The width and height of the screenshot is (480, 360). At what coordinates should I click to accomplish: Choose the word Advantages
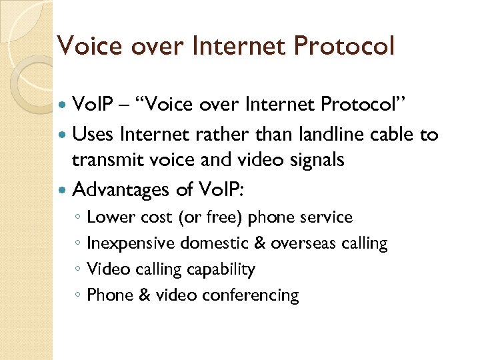(121, 191)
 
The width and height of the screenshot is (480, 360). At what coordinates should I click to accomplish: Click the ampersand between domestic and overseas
(258, 243)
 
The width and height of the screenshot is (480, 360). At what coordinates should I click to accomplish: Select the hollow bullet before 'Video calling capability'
(78, 270)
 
